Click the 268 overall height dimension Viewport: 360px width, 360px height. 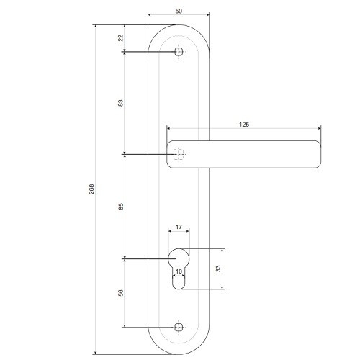pos(91,189)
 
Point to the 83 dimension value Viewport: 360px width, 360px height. pos(121,103)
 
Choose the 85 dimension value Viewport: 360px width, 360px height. pos(121,207)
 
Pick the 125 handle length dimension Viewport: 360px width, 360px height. pos(243,125)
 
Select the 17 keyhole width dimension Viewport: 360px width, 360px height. pos(179,226)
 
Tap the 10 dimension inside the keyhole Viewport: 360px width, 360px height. pos(179,271)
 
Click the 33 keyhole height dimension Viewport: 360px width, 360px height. pos(218,269)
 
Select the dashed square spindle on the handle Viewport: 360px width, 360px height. pos(179,153)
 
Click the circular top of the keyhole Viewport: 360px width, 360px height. pos(179,257)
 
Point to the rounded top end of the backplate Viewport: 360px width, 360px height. pos(179,27)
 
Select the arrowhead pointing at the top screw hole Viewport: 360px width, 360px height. pos(127,51)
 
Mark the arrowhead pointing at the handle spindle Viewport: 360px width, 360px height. pos(127,154)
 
